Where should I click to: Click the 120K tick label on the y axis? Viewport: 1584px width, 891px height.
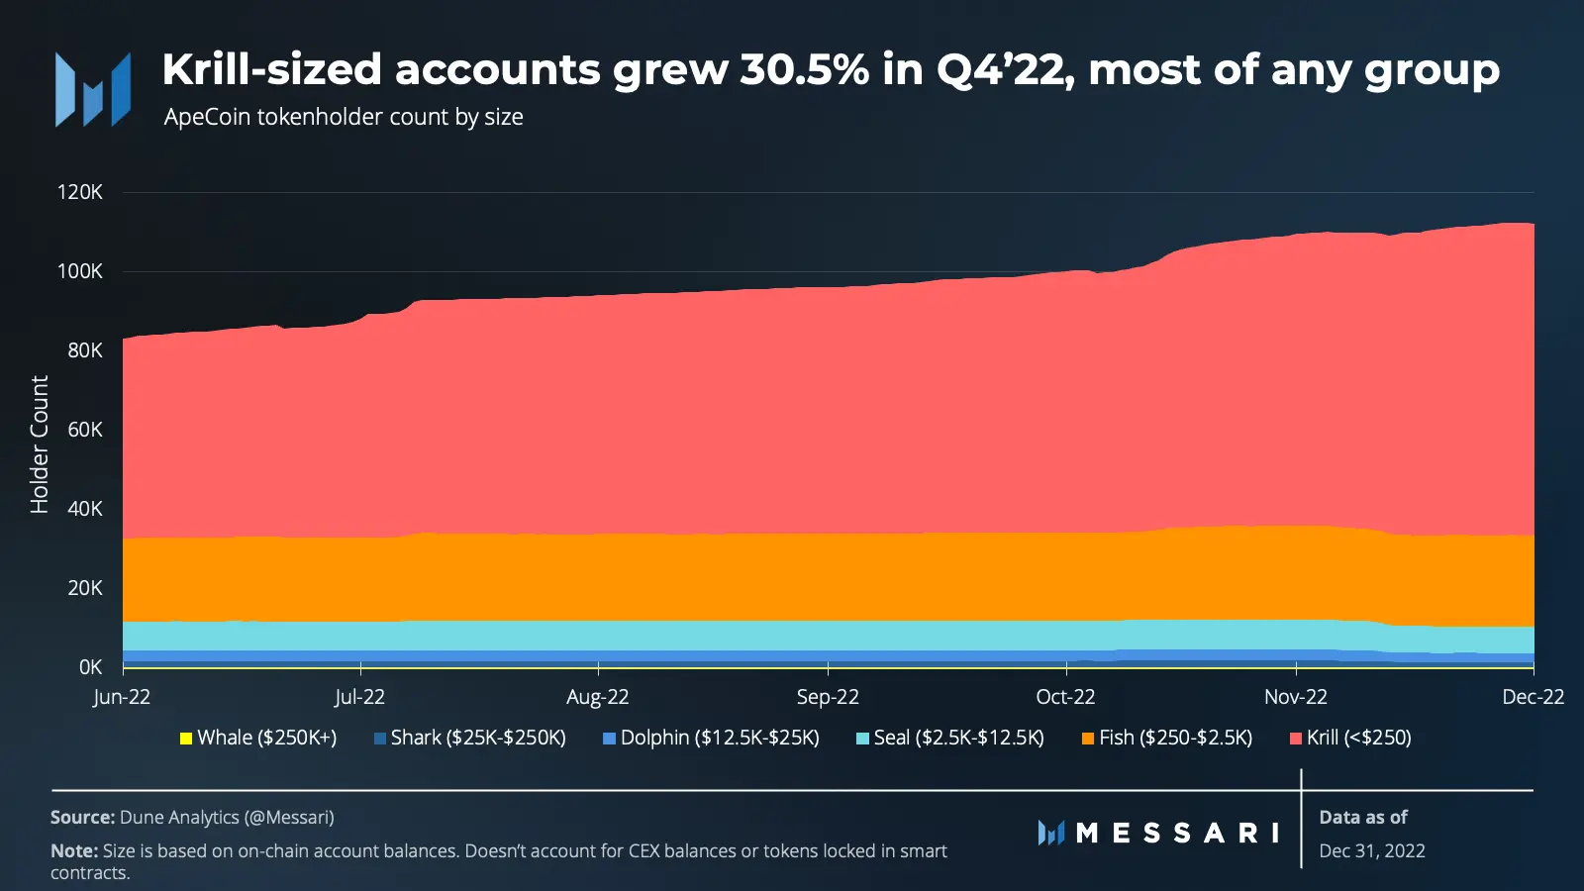point(80,192)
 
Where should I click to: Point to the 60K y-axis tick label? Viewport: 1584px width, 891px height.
point(85,430)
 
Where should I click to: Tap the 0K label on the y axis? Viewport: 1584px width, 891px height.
point(90,667)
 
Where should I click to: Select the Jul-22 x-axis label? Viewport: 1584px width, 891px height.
point(360,697)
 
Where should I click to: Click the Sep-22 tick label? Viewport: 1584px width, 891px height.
point(828,697)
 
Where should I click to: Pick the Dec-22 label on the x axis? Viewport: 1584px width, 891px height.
point(1534,697)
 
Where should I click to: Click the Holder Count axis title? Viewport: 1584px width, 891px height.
point(40,445)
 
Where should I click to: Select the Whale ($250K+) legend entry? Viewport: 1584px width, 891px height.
point(258,739)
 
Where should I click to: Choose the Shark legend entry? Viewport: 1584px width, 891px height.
point(470,739)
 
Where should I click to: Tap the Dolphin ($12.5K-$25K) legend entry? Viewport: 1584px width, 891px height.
point(712,739)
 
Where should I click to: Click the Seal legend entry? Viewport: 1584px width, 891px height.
point(950,739)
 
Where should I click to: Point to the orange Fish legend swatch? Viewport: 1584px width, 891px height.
point(1088,739)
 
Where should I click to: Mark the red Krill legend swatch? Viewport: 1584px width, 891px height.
point(1296,739)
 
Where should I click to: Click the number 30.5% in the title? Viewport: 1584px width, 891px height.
point(805,69)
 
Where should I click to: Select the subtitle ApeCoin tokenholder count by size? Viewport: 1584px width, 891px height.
point(344,118)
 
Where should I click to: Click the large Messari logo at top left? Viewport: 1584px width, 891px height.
point(93,90)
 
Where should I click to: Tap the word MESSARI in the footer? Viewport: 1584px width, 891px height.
point(1177,833)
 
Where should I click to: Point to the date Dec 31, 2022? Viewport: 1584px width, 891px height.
point(1372,850)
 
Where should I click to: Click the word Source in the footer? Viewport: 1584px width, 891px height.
point(82,818)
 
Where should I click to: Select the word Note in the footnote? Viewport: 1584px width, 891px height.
point(73,850)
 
